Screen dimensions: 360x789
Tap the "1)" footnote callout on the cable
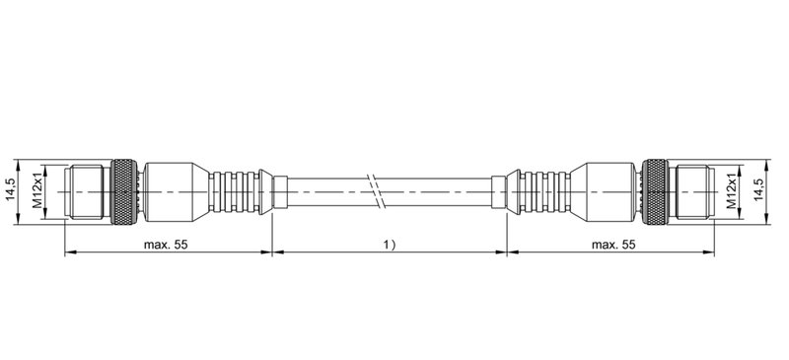[x=389, y=243]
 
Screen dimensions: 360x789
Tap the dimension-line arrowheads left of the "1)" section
[x=271, y=252]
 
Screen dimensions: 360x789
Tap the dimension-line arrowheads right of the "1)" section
[x=505, y=252]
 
